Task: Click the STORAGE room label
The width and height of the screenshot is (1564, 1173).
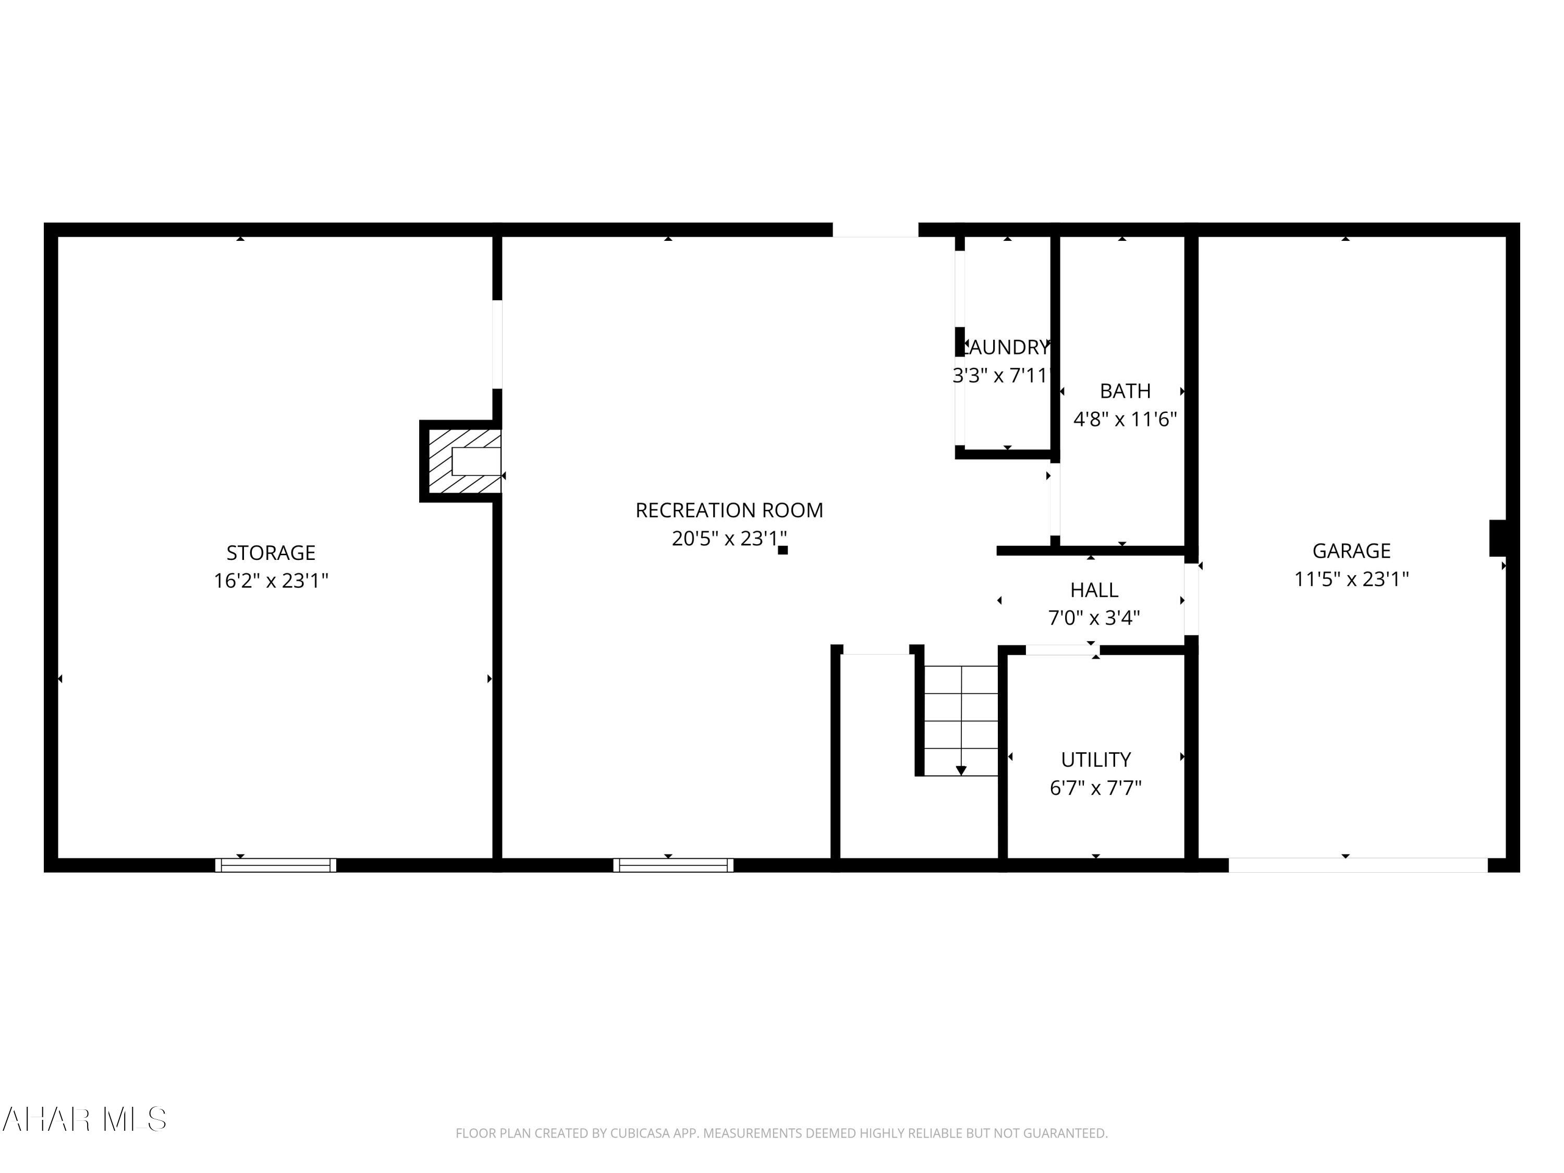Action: pyautogui.click(x=271, y=552)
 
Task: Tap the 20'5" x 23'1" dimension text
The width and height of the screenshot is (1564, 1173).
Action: pyautogui.click(x=728, y=539)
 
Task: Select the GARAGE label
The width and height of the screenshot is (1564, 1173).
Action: pyautogui.click(x=1351, y=550)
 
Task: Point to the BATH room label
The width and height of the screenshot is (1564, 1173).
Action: pyautogui.click(x=1125, y=391)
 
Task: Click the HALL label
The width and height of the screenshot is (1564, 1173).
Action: pyautogui.click(x=1094, y=590)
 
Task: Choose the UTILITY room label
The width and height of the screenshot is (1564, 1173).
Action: pyautogui.click(x=1096, y=760)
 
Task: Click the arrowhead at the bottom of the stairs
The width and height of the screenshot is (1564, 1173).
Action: pyautogui.click(x=961, y=770)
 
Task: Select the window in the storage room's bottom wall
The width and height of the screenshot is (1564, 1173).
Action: pyautogui.click(x=276, y=865)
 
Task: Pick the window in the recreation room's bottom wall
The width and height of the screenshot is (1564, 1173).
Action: pyautogui.click(x=673, y=865)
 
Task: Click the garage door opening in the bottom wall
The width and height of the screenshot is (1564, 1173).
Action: pyautogui.click(x=1358, y=865)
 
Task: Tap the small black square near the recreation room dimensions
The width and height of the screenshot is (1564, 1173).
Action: pyautogui.click(x=783, y=550)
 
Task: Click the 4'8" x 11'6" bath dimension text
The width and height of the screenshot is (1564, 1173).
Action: pyautogui.click(x=1125, y=419)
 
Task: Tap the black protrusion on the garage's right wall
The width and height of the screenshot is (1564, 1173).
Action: pyautogui.click(x=1498, y=538)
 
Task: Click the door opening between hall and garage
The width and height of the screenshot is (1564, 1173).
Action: pyautogui.click(x=1191, y=600)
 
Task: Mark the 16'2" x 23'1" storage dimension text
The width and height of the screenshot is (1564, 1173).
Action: pyautogui.click(x=271, y=580)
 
